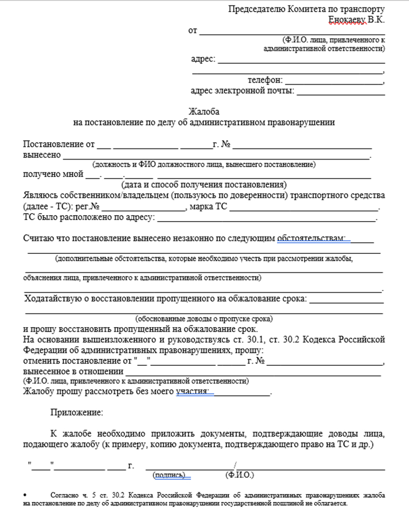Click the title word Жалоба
[204, 112]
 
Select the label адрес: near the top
[203, 59]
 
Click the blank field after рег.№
[143, 207]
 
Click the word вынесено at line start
[41, 155]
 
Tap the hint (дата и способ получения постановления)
[204, 185]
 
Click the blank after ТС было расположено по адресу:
[266, 218]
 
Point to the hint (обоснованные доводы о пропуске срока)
[204, 319]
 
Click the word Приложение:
[77, 412]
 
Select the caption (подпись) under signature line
[170, 475]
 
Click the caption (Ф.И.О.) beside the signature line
[240, 475]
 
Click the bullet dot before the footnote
[26, 495]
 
